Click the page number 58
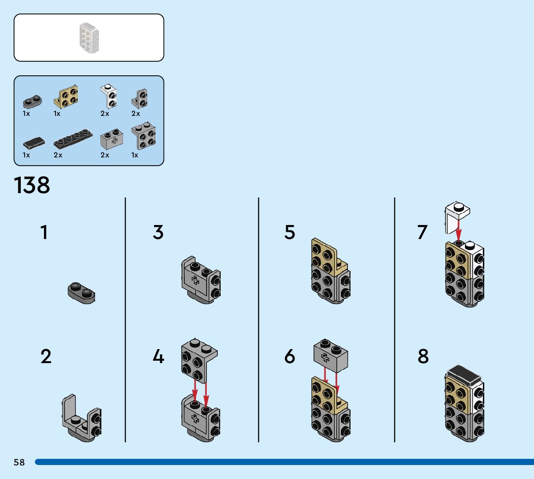pyautogui.click(x=19, y=462)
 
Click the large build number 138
pyautogui.click(x=32, y=185)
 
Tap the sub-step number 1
pyautogui.click(x=44, y=232)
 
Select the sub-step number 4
pyautogui.click(x=158, y=357)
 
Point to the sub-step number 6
pyautogui.click(x=290, y=357)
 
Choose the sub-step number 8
pyautogui.click(x=423, y=357)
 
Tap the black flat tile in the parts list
pyautogui.click(x=34, y=142)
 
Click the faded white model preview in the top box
pyautogui.click(x=89, y=38)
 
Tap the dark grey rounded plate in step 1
pyautogui.click(x=81, y=292)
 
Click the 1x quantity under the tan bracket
pyautogui.click(x=57, y=114)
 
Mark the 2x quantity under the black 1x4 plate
pyautogui.click(x=58, y=155)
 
